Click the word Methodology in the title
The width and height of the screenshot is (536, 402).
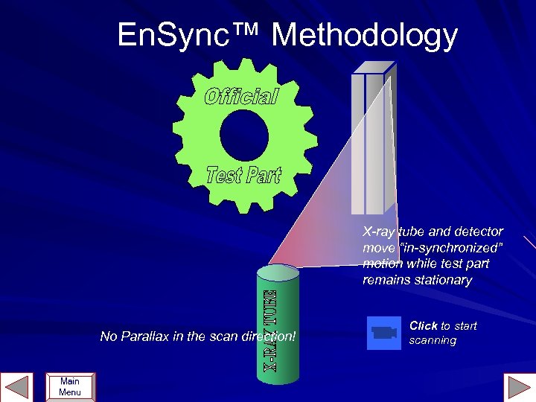pyautogui.click(x=365, y=36)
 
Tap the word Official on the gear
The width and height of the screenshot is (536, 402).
pyautogui.click(x=241, y=97)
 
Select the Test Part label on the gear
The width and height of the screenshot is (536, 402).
pyautogui.click(x=243, y=175)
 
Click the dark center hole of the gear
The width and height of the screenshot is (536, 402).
pyautogui.click(x=243, y=135)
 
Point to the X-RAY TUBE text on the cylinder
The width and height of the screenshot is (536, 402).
pyautogui.click(x=268, y=331)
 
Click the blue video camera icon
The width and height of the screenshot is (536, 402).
pyautogui.click(x=382, y=333)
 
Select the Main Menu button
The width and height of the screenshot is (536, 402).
pyautogui.click(x=70, y=387)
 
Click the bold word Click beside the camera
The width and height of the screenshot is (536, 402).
pyautogui.click(x=423, y=325)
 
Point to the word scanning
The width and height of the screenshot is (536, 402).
pyautogui.click(x=433, y=340)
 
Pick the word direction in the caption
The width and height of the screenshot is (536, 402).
pyautogui.click(x=269, y=336)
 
